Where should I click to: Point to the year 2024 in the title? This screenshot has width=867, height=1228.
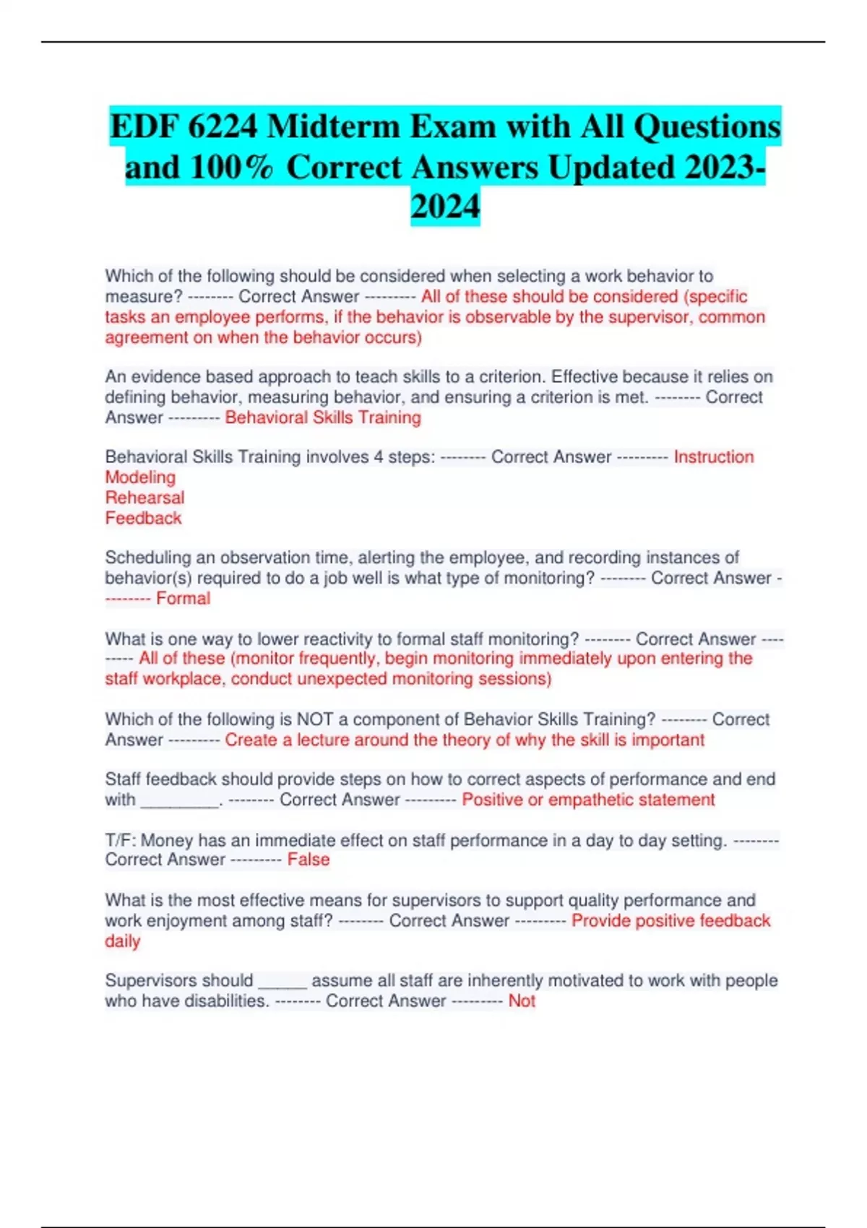(x=445, y=207)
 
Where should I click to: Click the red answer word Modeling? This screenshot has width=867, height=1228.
(x=140, y=477)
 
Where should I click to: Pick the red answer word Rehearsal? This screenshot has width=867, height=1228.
(x=144, y=498)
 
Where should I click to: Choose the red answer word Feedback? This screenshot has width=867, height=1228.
(x=143, y=518)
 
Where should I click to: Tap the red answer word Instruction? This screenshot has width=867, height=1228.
(x=713, y=457)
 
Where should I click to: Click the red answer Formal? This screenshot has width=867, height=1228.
(x=183, y=598)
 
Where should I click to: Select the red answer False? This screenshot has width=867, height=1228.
(x=309, y=860)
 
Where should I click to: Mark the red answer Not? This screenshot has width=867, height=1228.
(x=522, y=1001)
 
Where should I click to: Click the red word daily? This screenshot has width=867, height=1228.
(x=122, y=941)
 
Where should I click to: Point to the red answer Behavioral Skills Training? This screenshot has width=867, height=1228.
(x=322, y=418)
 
